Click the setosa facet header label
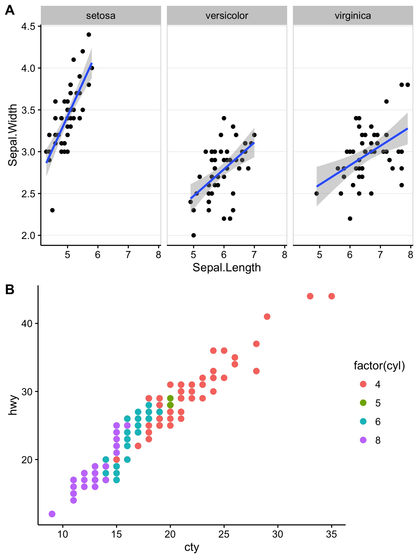[101, 16]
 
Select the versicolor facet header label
[226, 16]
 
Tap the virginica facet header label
[353, 16]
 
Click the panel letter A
[10, 11]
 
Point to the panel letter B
[10, 289]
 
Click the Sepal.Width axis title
[12, 135]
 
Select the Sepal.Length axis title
[226, 268]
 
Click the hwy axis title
[12, 405]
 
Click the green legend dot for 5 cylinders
[363, 403]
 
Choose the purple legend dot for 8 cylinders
[363, 440]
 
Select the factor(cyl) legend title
[379, 366]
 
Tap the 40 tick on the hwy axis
[27, 324]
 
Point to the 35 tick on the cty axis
[331, 534]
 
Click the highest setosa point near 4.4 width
[89, 35]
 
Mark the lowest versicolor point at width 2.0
[193, 235]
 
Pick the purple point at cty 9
[52, 514]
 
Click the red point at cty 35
[331, 296]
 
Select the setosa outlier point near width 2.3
[52, 210]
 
